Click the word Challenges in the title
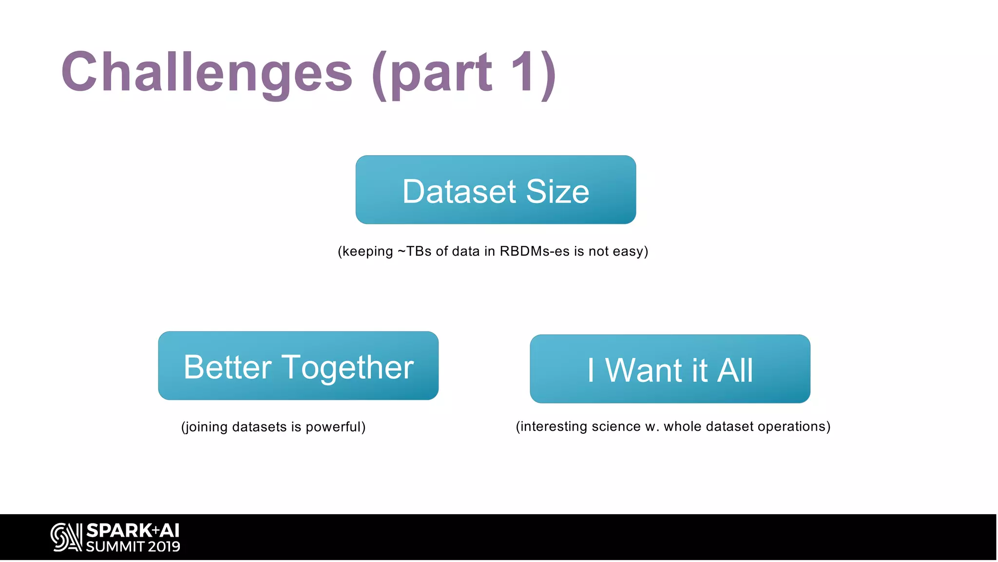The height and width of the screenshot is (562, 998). click(207, 73)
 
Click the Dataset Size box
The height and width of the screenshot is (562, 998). click(496, 190)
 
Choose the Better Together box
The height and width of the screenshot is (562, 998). click(298, 365)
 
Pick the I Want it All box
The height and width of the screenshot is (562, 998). click(670, 369)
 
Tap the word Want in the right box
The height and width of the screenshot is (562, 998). click(643, 370)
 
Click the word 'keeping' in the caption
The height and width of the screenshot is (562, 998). click(367, 252)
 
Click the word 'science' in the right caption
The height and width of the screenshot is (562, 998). click(616, 426)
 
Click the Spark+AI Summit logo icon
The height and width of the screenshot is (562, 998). click(66, 537)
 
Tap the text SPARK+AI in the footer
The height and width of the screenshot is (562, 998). click(133, 530)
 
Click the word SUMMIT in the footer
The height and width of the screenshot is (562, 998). click(115, 546)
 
